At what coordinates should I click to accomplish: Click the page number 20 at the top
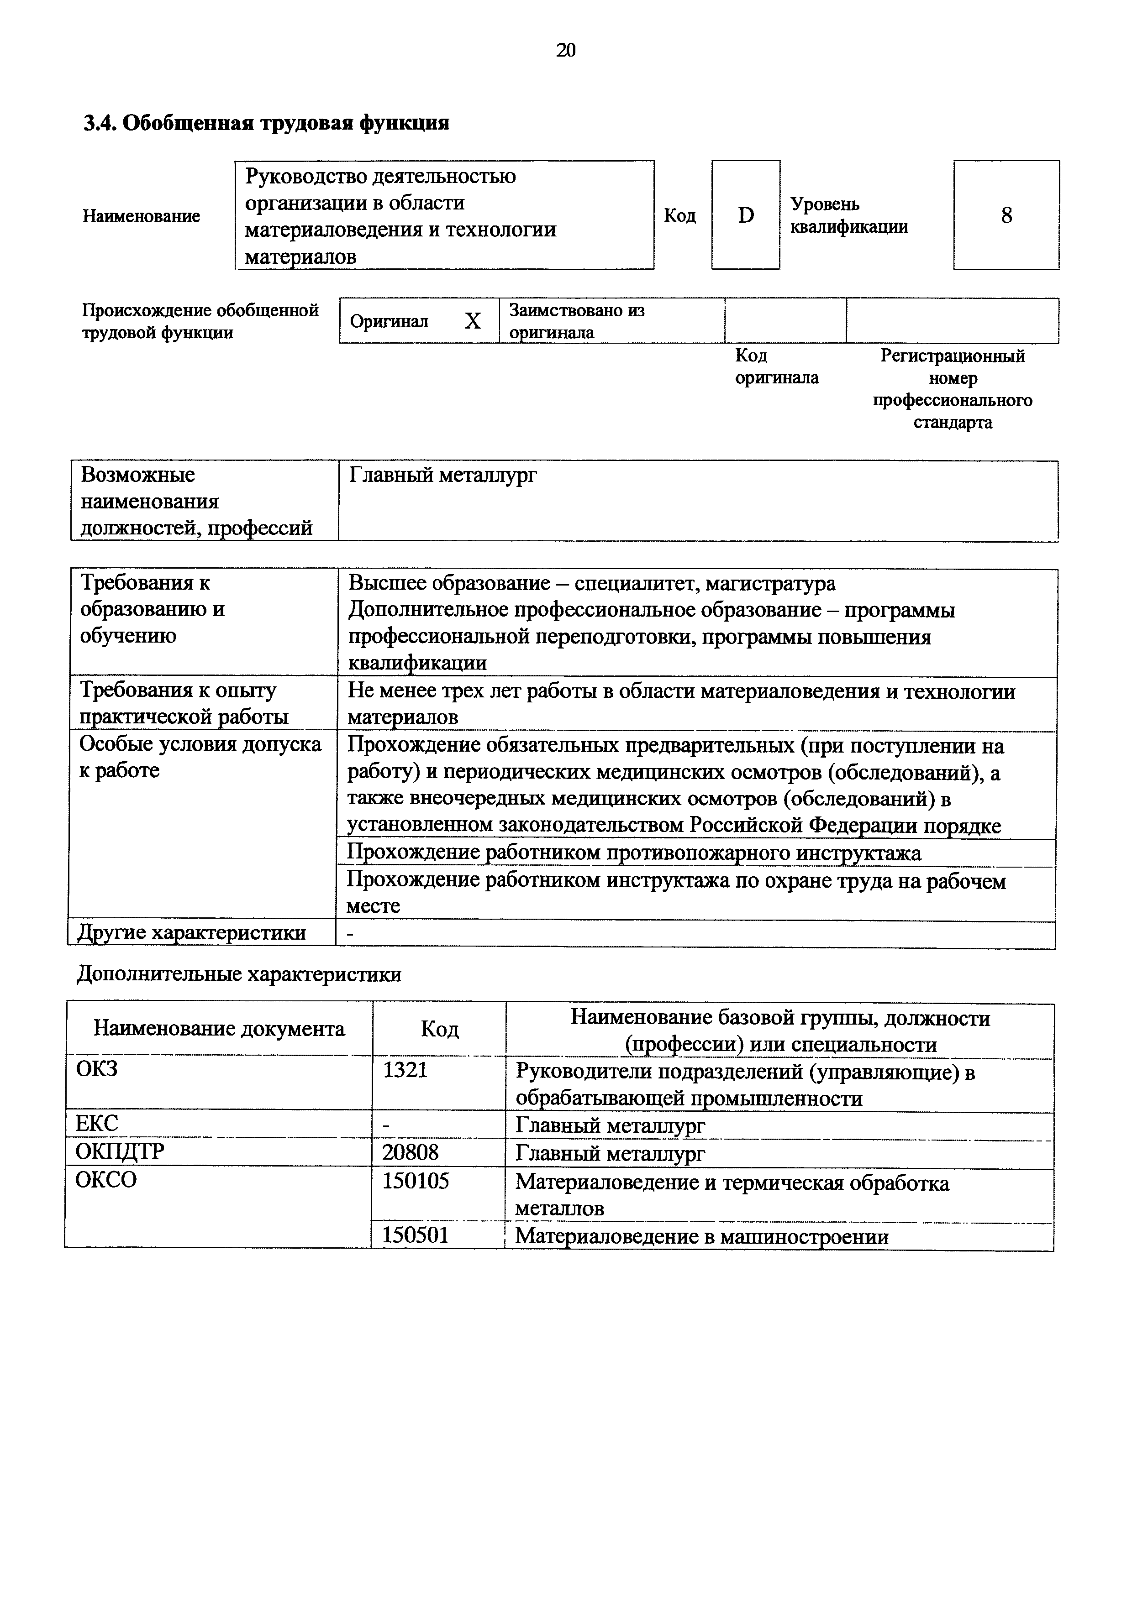coord(566,50)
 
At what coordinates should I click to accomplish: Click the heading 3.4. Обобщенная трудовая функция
coord(266,123)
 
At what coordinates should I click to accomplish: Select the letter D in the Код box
coord(746,215)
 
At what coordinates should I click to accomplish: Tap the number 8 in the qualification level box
coord(1006,215)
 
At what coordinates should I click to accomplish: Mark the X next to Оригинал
coord(473,321)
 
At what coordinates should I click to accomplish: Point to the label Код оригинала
coord(776,367)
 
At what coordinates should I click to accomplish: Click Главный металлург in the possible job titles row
coord(443,476)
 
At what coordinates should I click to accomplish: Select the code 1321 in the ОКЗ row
coord(405,1070)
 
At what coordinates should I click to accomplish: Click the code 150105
coord(415,1181)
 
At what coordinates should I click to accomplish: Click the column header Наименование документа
coord(219,1029)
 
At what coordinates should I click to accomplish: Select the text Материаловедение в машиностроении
coord(702,1237)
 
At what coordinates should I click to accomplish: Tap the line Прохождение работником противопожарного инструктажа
coord(633,853)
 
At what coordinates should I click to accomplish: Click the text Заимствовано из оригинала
coord(576,321)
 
